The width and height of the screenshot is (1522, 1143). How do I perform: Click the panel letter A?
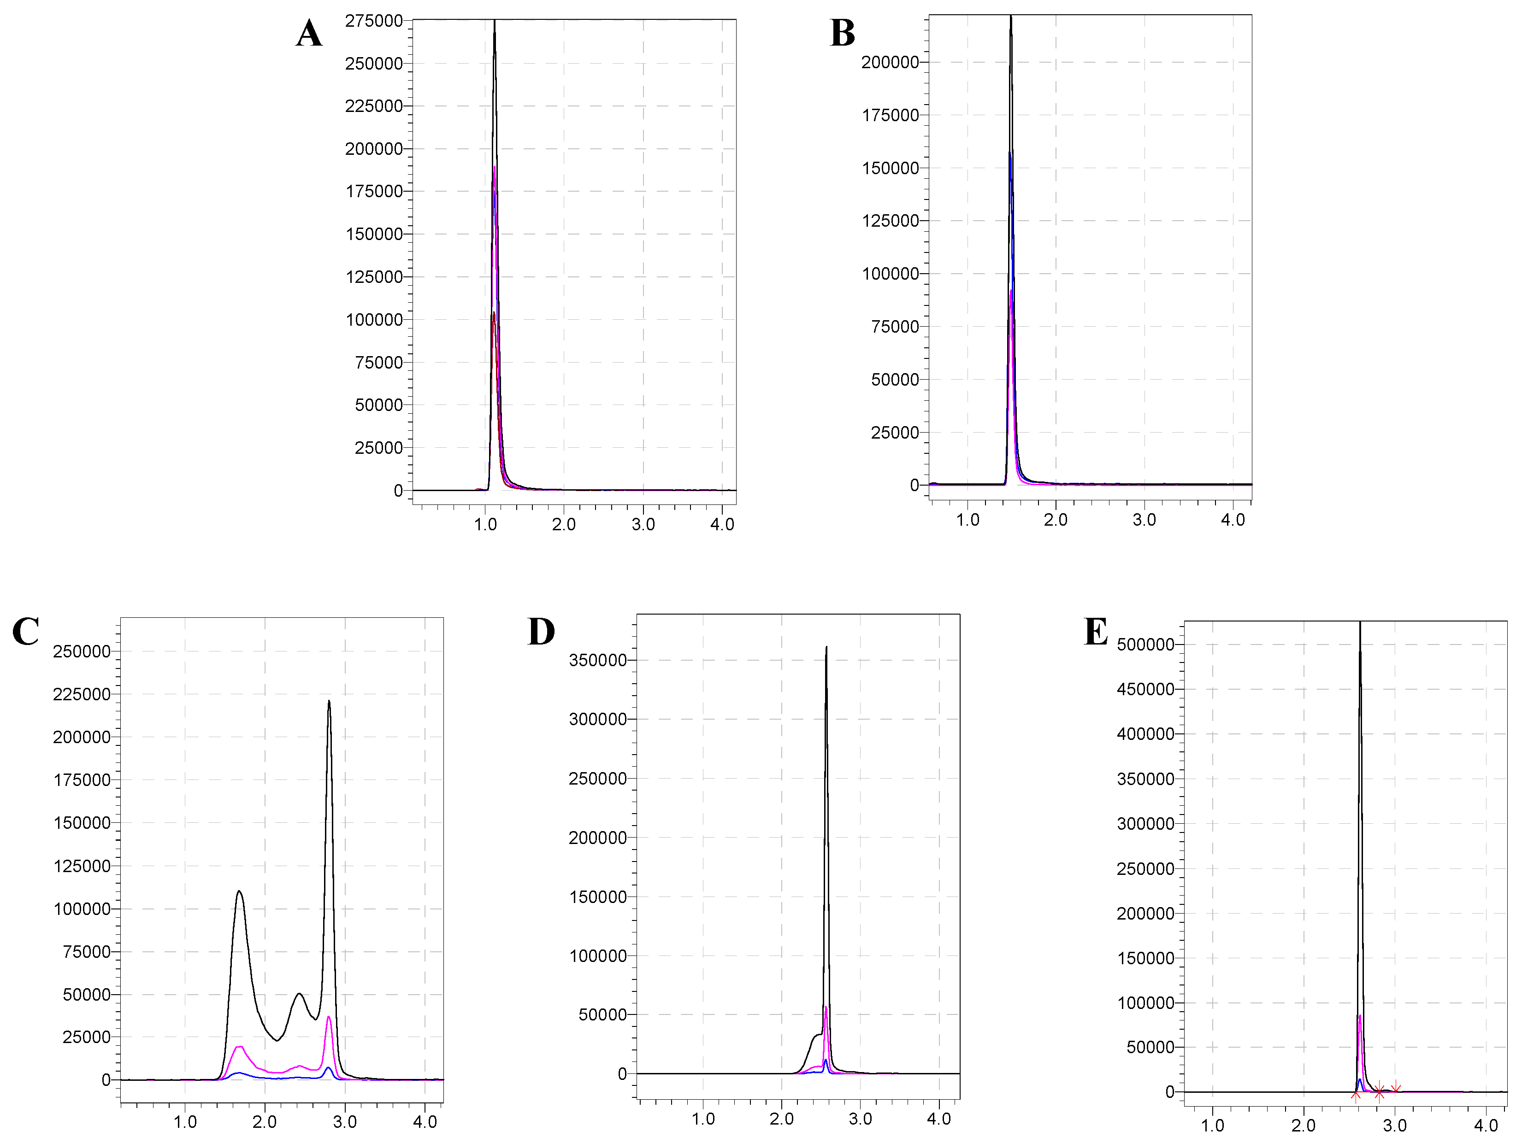(x=309, y=33)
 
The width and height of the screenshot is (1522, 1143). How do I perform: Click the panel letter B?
(x=842, y=33)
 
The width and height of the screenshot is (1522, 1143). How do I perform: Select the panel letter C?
(x=25, y=631)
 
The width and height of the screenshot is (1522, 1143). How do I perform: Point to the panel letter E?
(x=1096, y=631)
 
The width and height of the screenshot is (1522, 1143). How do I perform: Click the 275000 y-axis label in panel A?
(x=374, y=21)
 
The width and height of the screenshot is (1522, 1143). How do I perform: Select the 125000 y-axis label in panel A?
(x=374, y=277)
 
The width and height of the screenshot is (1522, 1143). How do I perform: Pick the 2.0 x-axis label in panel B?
(x=1056, y=520)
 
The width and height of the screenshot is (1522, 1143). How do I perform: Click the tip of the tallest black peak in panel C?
(x=329, y=702)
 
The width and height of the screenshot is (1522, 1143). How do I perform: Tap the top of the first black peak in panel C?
(x=239, y=891)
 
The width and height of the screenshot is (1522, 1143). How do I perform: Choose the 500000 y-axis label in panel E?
(x=1145, y=645)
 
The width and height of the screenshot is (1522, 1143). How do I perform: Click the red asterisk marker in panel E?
(x=1379, y=1092)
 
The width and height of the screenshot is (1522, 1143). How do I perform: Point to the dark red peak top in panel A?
(x=493, y=314)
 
